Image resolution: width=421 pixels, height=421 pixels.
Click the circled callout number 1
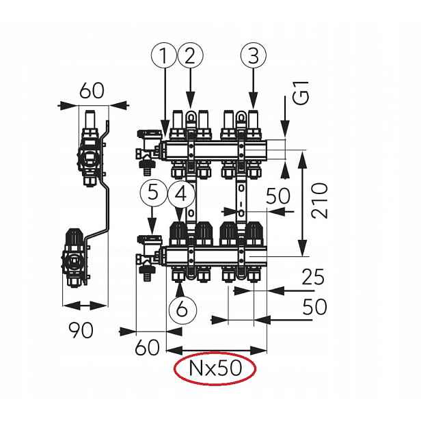tap(163, 56)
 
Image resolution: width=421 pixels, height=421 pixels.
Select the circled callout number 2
tap(190, 56)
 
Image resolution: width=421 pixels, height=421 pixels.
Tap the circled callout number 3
tap(254, 56)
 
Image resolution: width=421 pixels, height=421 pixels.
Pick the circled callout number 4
tap(182, 194)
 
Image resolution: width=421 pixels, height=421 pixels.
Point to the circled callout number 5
tap(153, 193)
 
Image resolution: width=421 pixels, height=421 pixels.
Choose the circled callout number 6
tap(182, 309)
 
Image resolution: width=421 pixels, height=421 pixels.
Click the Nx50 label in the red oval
tap(215, 368)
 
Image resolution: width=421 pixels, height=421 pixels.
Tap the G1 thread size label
tap(301, 93)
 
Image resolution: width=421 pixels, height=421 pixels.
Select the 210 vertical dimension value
tap(320, 200)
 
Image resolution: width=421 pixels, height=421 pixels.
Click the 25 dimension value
tap(313, 277)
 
